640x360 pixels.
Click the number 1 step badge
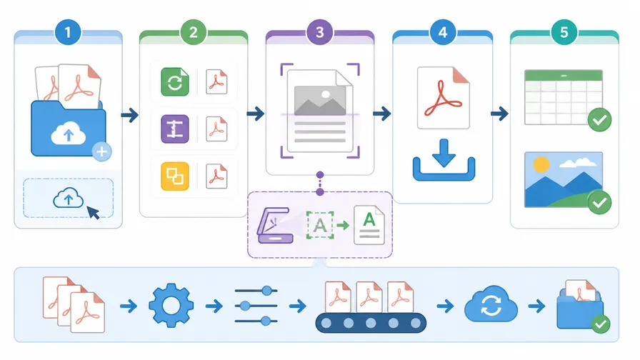point(68,32)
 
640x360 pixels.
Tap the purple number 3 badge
point(319,32)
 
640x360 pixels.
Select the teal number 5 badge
point(564,32)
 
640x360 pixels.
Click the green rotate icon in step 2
point(175,82)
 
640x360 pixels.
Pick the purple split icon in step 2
point(175,129)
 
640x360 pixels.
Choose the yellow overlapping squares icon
point(175,176)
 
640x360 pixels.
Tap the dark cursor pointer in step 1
point(94,212)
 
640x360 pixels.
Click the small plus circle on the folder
point(101,152)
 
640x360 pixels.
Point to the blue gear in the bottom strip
point(171,305)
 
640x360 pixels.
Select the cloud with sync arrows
point(491,305)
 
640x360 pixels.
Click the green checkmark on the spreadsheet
point(599,120)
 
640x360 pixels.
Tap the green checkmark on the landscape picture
point(599,202)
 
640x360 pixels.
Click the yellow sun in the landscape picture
point(541,164)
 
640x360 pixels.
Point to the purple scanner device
point(275,226)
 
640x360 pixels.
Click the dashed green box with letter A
point(320,225)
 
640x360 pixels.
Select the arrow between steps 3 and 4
point(381,114)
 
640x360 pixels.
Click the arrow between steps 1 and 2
point(130,115)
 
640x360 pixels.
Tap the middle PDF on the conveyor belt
point(369,296)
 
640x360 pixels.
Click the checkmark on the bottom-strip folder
point(601,324)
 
